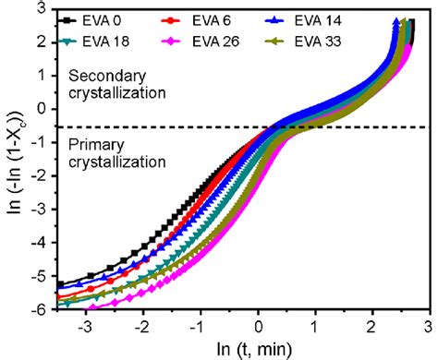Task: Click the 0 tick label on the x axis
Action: pyautogui.click(x=259, y=327)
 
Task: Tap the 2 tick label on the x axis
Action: pyautogui.click(x=371, y=327)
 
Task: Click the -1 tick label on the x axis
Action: pyautogui.click(x=199, y=327)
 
